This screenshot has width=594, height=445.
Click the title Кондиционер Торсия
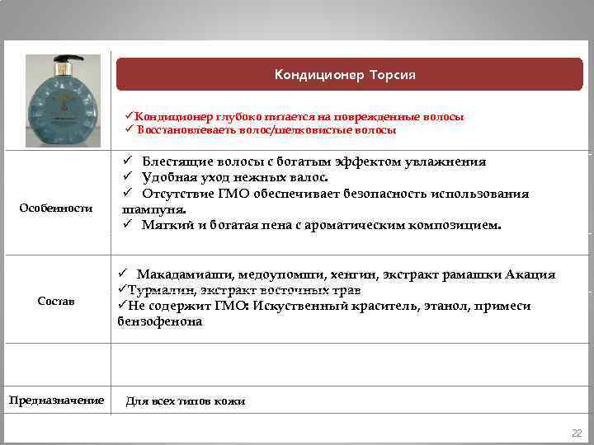pyautogui.click(x=345, y=75)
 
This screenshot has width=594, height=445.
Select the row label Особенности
pyautogui.click(x=56, y=208)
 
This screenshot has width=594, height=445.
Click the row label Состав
pyautogui.click(x=55, y=302)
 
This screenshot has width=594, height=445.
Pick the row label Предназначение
pyautogui.click(x=56, y=400)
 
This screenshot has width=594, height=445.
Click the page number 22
pyautogui.click(x=577, y=433)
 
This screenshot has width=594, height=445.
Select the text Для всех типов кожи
pyautogui.click(x=185, y=401)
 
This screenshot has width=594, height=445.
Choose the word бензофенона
pyautogui.click(x=159, y=321)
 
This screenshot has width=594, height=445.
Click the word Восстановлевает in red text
pyautogui.click(x=176, y=130)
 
